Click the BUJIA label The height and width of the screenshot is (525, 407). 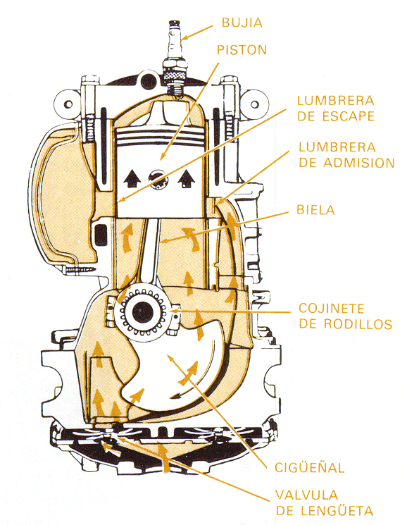tap(242, 23)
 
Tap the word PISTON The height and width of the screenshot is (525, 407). tap(242, 49)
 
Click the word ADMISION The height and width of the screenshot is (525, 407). tap(359, 163)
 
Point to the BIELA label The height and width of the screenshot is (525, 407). tap(315, 209)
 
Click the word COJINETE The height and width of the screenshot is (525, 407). tap(332, 308)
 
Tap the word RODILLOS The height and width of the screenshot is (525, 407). tap(358, 323)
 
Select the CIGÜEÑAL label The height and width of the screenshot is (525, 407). tap(310, 467)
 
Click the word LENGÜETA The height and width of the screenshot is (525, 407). tap(337, 511)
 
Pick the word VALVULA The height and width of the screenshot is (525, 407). tap(307, 495)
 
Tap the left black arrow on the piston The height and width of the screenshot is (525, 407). tap(132, 178)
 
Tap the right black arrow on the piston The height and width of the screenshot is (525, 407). tap(187, 178)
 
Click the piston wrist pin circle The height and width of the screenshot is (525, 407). tap(158, 180)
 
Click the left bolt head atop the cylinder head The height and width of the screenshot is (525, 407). tap(90, 80)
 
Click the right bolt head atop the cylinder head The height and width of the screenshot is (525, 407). tap(230, 80)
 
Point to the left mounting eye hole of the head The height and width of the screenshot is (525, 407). tap(68, 104)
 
